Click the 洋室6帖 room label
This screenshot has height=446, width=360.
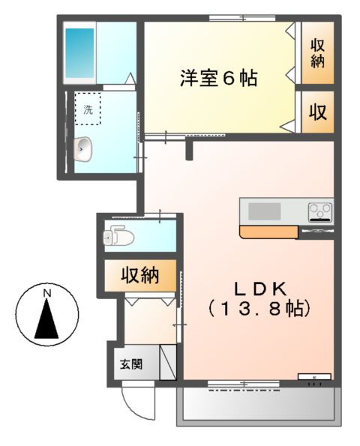[217, 78]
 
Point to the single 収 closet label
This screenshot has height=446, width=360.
[318, 112]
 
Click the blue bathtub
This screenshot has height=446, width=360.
[79, 51]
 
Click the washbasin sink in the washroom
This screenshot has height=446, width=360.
[84, 149]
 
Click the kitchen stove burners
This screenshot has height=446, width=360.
[320, 212]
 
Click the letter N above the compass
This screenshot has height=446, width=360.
[46, 292]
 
